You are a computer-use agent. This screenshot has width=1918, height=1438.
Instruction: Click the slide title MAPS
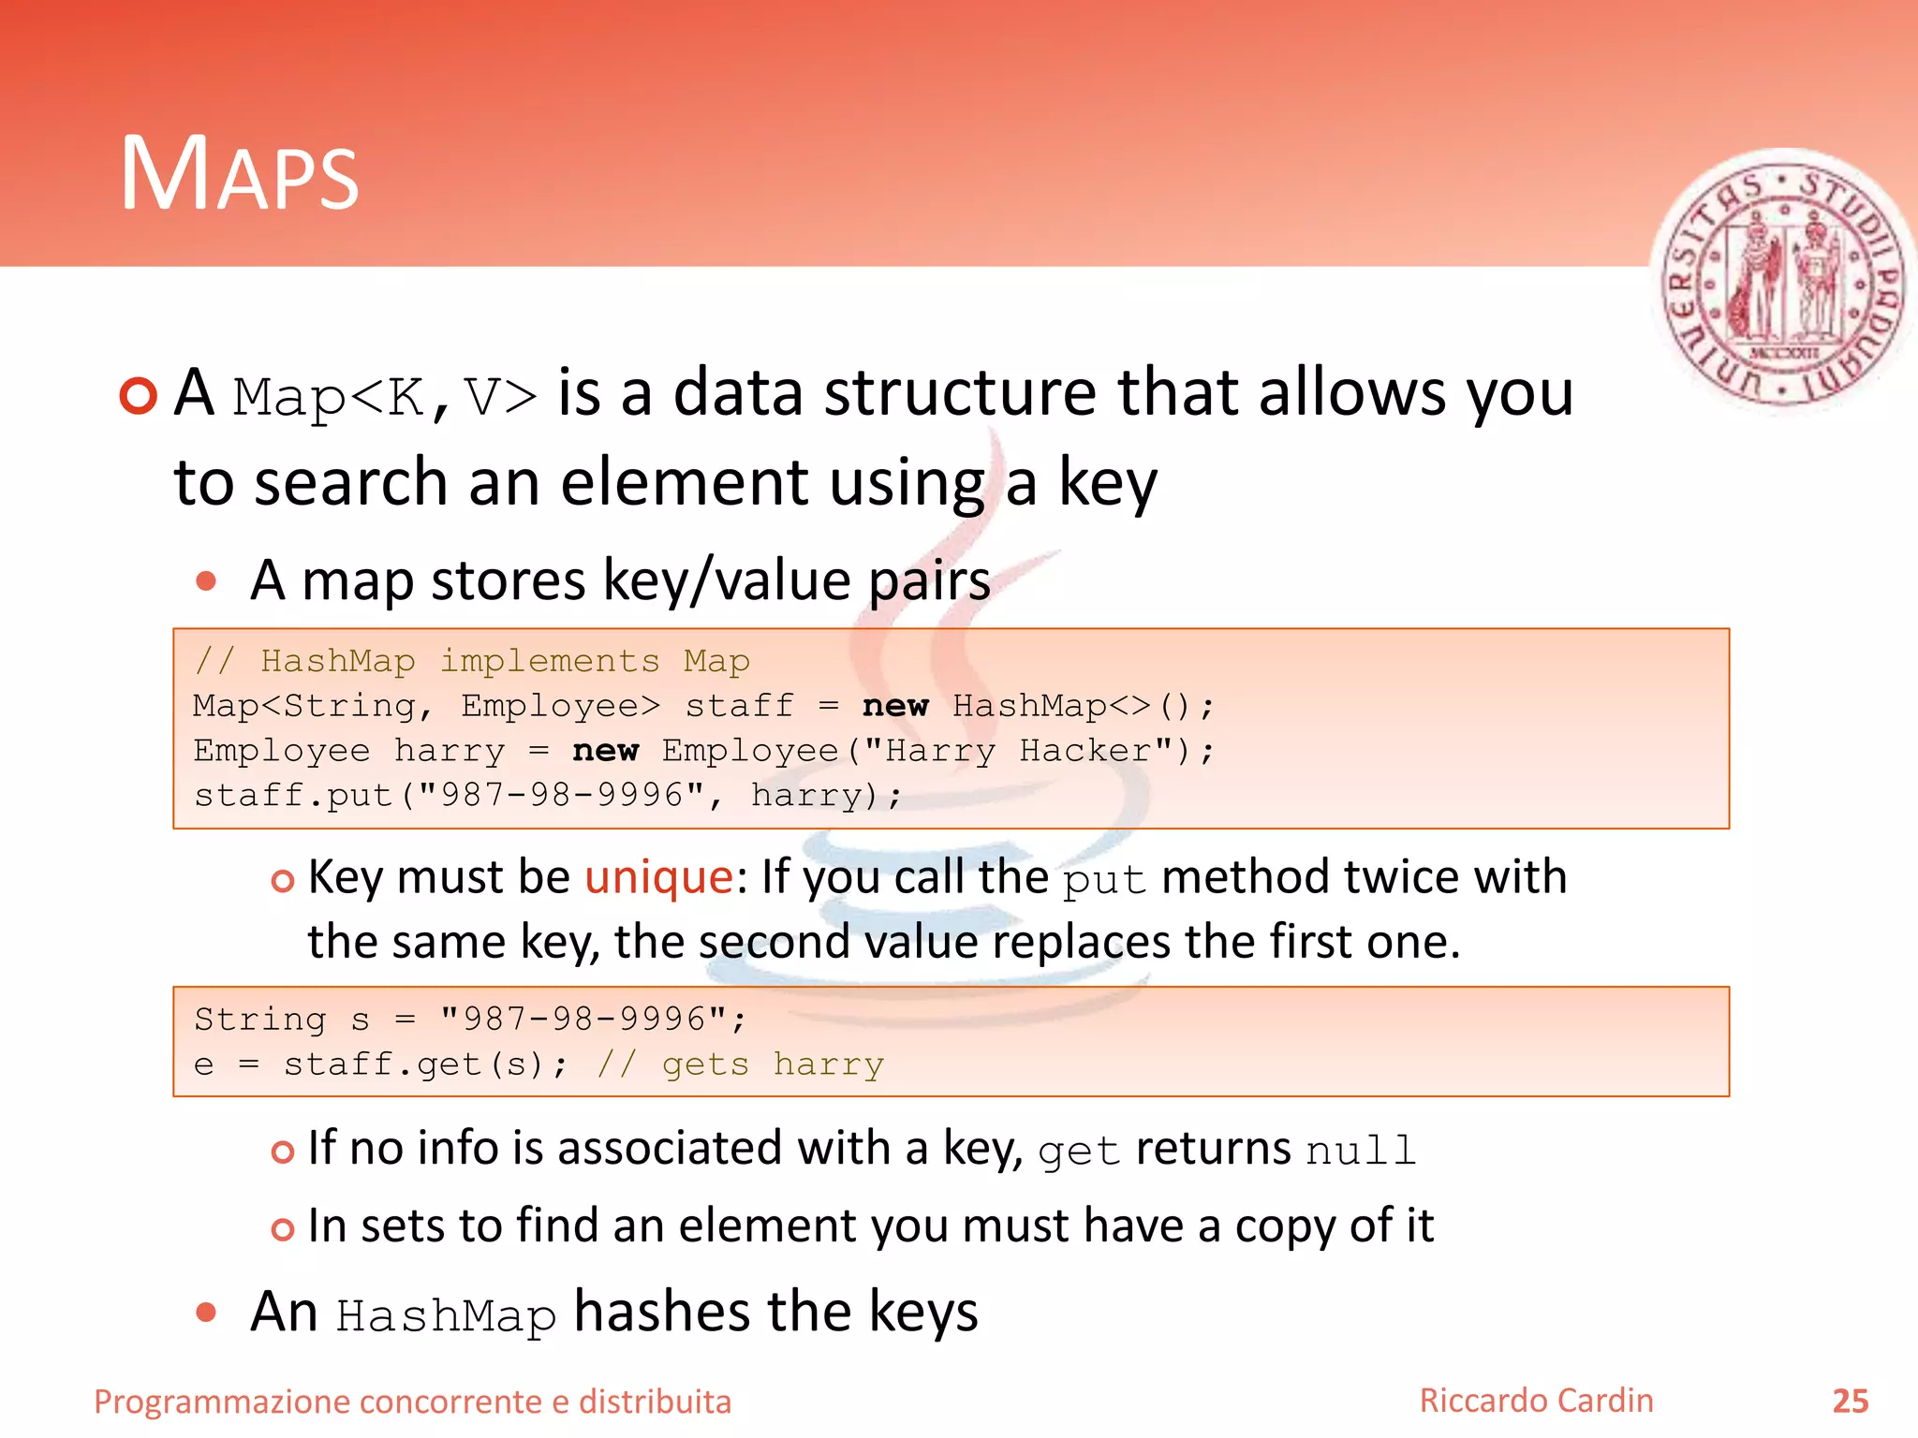tap(240, 174)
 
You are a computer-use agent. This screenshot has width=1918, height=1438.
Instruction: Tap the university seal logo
tap(1782, 284)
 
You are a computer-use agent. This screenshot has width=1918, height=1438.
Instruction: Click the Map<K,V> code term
tap(385, 396)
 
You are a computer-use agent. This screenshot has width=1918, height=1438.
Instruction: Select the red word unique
tap(658, 878)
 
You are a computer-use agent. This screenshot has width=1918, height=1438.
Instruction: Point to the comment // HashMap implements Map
tap(472, 661)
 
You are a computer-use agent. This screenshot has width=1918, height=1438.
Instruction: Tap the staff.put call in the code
tap(293, 796)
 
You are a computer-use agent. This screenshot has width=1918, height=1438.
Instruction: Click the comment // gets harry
tap(740, 1064)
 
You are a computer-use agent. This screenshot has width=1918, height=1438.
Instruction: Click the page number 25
tap(1850, 1401)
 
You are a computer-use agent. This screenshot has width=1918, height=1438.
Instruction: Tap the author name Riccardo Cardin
tap(1536, 1401)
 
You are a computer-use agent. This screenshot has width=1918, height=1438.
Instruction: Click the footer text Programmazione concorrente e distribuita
tap(412, 1401)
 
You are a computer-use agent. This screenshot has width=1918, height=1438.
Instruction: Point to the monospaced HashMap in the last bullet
tap(446, 1315)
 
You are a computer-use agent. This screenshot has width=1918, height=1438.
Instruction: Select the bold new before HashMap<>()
tap(895, 706)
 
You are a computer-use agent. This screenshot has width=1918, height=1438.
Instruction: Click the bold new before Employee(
tap(605, 751)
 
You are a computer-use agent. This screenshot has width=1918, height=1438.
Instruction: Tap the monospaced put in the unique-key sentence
tap(1104, 881)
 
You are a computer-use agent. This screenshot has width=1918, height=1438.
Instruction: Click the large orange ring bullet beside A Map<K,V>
tap(139, 396)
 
